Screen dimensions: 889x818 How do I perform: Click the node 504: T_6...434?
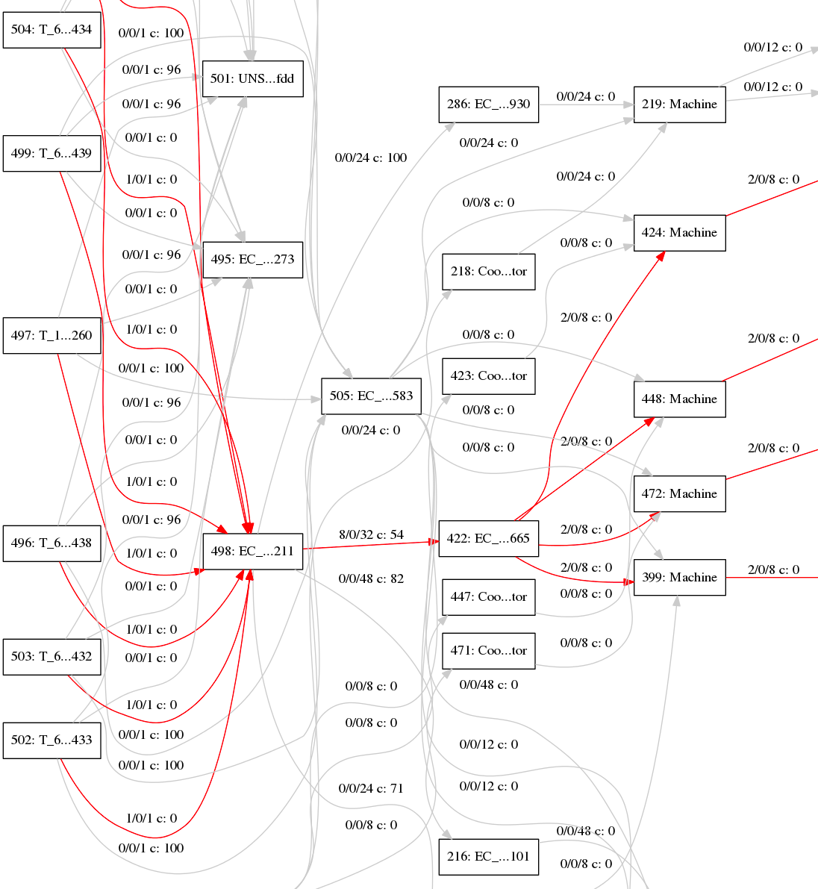51,30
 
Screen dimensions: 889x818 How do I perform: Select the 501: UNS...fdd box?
252,78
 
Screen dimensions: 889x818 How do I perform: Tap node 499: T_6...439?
51,153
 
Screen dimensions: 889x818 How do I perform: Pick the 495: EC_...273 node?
252,260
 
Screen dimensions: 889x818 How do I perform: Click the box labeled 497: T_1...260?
51,335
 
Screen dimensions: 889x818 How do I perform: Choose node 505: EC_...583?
371,396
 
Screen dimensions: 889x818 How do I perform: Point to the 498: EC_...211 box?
252,552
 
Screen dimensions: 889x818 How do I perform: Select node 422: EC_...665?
488,538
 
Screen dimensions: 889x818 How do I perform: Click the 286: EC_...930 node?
488,104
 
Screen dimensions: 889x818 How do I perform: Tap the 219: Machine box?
679,104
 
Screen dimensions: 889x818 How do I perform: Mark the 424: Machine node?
679,232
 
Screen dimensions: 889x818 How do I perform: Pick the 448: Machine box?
679,399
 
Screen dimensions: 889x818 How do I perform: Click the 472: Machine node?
679,493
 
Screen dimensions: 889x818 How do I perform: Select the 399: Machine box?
679,577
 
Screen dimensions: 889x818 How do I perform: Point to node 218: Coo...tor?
488,271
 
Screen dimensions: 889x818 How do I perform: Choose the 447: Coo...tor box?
488,596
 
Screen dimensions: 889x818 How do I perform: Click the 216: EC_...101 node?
488,856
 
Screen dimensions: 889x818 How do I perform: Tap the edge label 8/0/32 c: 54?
371,534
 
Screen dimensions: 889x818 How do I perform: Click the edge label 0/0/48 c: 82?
371,578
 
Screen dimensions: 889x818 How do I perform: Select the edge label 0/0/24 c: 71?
371,788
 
